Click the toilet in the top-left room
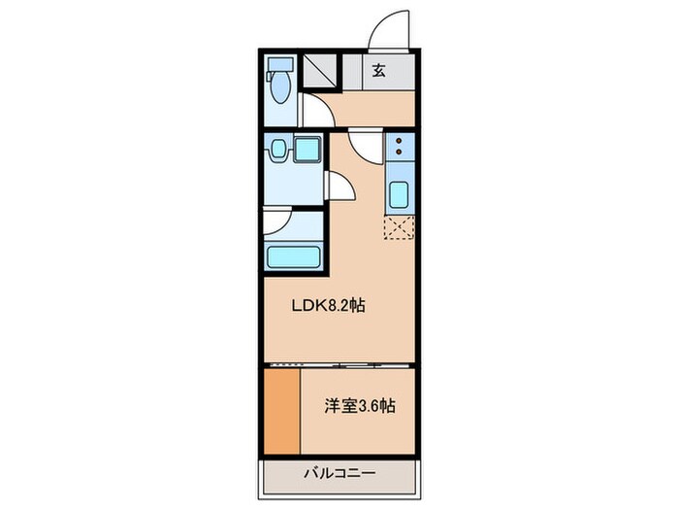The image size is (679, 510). [x=279, y=85]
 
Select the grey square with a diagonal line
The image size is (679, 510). [x=318, y=70]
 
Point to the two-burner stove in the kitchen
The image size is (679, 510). [x=399, y=148]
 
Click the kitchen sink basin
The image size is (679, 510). [x=399, y=194]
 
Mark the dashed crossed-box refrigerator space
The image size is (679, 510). [x=399, y=228]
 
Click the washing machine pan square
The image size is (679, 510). [x=308, y=152]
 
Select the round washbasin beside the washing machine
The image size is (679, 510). [x=278, y=150]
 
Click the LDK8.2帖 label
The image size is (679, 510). [x=329, y=305]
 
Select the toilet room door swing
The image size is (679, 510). [x=312, y=109]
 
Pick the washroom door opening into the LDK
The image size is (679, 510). [x=339, y=185]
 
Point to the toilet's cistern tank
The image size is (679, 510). [x=279, y=64]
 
